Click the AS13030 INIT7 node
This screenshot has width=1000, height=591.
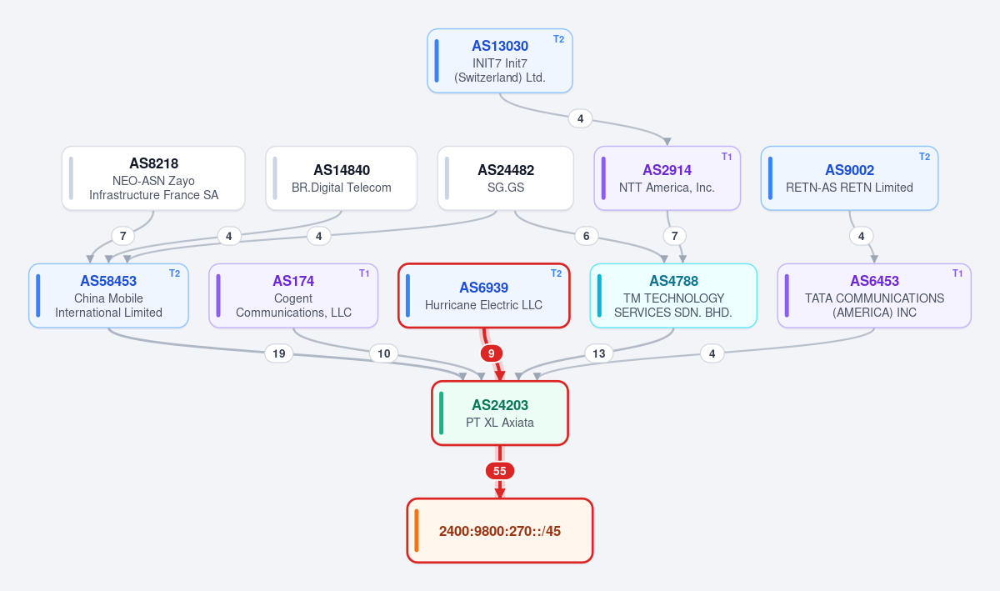click(499, 61)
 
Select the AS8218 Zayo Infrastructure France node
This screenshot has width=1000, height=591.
click(153, 178)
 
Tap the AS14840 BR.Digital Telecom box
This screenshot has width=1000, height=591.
click(342, 178)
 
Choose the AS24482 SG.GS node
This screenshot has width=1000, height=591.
click(505, 178)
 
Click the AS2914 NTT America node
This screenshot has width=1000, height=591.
click(667, 178)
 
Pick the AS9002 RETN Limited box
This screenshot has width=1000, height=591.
click(849, 178)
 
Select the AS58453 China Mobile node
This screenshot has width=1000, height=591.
click(108, 296)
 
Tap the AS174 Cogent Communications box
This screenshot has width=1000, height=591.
click(293, 296)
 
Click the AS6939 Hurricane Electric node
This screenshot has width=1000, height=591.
click(484, 296)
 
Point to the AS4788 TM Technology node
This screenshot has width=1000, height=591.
click(673, 296)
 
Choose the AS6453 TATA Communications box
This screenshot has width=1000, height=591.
click(874, 296)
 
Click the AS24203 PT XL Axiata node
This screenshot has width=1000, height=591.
click(500, 413)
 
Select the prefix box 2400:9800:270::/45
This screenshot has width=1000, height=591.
click(500, 531)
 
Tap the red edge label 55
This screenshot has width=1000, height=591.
click(500, 471)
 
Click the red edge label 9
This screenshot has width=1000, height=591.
click(492, 353)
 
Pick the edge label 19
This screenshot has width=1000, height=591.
click(279, 353)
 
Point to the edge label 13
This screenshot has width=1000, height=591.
click(598, 353)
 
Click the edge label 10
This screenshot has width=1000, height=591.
click(384, 353)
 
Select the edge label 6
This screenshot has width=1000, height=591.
click(586, 236)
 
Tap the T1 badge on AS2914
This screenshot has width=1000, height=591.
click(727, 157)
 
